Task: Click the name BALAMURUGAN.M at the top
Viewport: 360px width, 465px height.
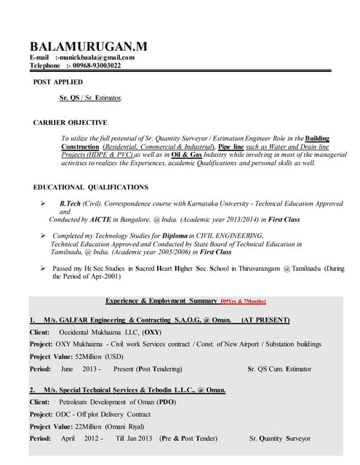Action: click(x=88, y=46)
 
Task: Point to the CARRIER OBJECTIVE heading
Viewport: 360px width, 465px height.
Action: click(x=71, y=123)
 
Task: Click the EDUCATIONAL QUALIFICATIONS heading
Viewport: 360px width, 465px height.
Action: click(x=91, y=187)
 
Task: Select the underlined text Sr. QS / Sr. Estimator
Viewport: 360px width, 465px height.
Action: click(x=90, y=97)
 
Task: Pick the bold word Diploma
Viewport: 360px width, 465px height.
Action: click(x=171, y=235)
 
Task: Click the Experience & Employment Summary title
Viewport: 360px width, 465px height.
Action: click(x=161, y=301)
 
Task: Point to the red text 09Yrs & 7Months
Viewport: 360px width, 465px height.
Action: click(x=244, y=301)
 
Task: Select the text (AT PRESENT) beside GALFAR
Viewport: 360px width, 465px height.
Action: click(x=265, y=320)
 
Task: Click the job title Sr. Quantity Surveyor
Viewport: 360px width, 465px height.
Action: click(x=279, y=438)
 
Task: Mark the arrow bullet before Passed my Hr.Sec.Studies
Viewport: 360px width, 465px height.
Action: click(x=43, y=269)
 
